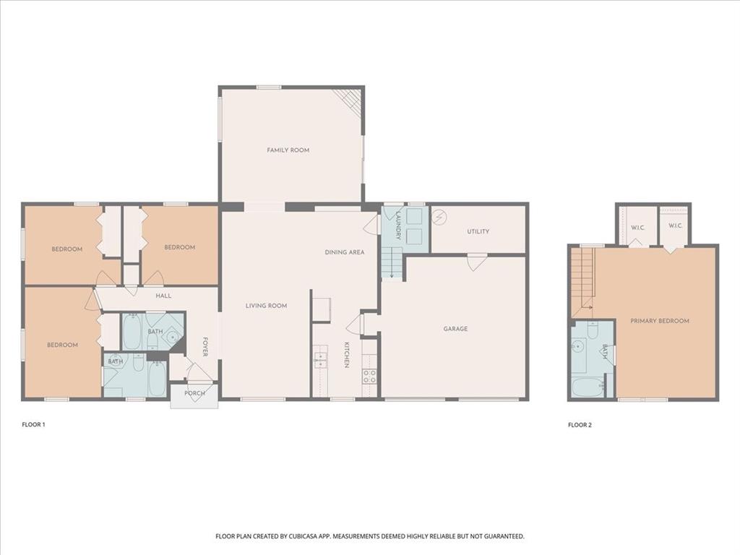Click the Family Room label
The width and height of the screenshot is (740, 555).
288,150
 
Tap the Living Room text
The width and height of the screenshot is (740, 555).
266,306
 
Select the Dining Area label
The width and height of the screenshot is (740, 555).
344,252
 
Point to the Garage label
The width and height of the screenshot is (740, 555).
455,329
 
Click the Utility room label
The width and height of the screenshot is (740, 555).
478,232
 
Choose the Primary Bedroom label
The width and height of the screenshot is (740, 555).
659,321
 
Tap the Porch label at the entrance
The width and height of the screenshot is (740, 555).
194,393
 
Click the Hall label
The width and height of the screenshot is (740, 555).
163,296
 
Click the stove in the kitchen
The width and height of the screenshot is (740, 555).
369,376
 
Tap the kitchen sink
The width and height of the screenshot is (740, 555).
320,358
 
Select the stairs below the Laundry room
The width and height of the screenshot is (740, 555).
391,262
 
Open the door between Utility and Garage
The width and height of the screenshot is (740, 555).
476,262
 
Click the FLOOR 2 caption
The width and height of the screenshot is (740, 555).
580,425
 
